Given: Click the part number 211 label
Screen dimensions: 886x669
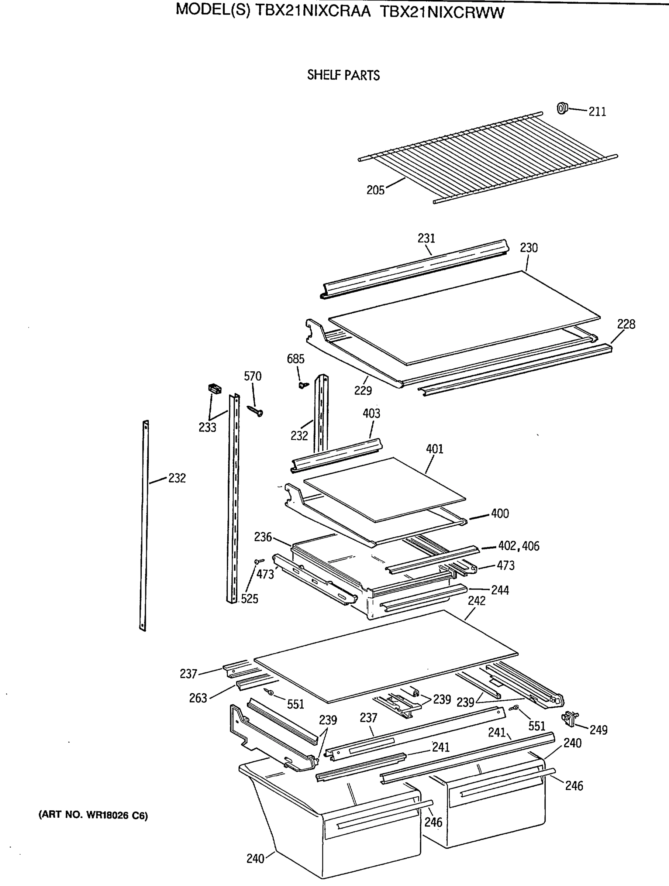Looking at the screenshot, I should [x=597, y=112].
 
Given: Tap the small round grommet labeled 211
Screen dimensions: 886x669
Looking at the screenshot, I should [x=562, y=108].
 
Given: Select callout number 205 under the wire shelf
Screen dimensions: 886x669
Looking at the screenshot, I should [x=375, y=190].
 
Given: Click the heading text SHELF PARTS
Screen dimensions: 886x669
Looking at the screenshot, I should [x=343, y=75].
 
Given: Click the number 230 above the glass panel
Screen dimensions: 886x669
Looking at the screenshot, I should [x=528, y=248].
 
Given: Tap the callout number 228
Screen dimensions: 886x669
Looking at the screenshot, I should [x=626, y=324].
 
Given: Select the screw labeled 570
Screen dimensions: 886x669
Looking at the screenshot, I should [x=255, y=411].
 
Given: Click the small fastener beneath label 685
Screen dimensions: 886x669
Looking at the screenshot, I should [x=303, y=385].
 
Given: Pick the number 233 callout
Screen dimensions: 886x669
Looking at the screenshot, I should [x=207, y=428].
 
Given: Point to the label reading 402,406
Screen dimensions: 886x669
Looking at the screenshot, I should [x=518, y=546].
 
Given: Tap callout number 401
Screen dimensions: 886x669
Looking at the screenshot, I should [x=434, y=449].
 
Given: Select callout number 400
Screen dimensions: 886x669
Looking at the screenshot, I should [x=500, y=514].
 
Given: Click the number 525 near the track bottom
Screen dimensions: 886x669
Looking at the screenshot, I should [x=249, y=599].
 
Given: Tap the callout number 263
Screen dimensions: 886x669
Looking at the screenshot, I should [x=198, y=698].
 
